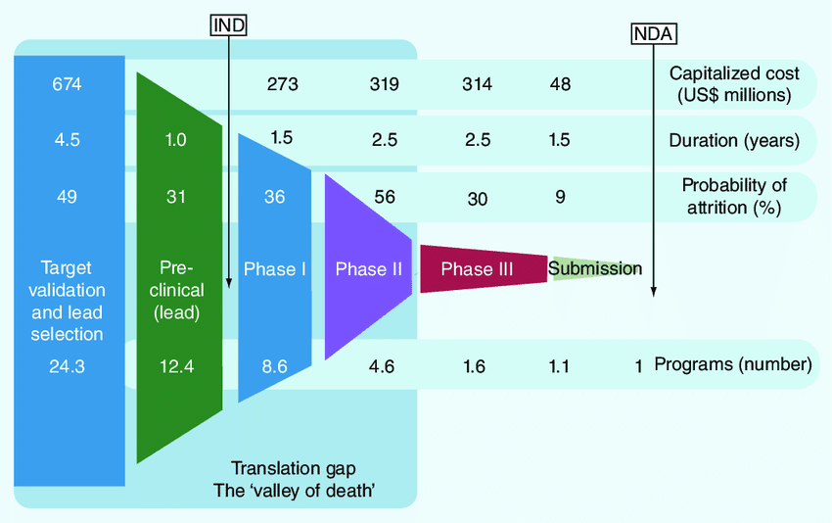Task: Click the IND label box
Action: click(x=229, y=24)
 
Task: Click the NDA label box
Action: click(x=654, y=34)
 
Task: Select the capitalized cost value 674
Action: click(x=67, y=84)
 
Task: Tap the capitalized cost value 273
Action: click(x=282, y=84)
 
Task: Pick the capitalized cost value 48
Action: click(x=560, y=84)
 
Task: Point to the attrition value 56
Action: click(x=384, y=197)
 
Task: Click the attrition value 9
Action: click(x=560, y=197)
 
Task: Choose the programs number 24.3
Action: click(x=67, y=366)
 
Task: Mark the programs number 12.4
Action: click(x=177, y=366)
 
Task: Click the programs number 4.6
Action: click(x=382, y=366)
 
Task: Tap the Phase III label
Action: click(x=477, y=269)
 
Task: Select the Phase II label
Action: click(x=369, y=269)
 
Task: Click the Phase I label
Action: click(x=275, y=269)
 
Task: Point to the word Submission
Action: click(x=595, y=268)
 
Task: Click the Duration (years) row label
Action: click(x=734, y=141)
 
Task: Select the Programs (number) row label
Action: click(x=733, y=364)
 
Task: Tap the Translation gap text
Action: click(x=294, y=468)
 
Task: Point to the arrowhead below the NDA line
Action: click(x=654, y=292)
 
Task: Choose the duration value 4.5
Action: click(x=67, y=140)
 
